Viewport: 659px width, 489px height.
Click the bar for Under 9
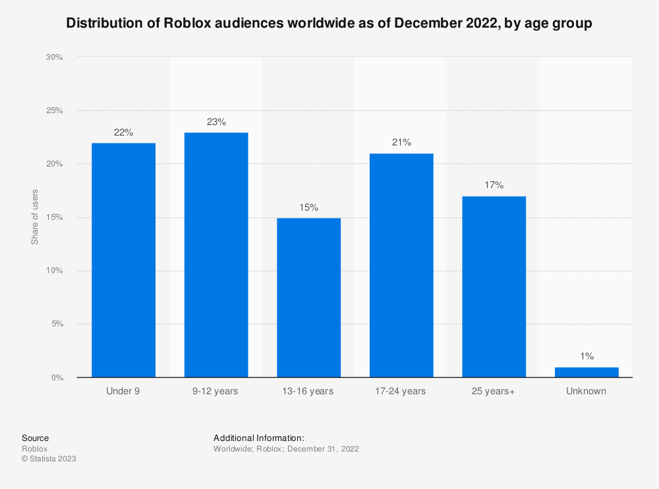click(123, 260)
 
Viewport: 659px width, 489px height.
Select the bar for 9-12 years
click(216, 255)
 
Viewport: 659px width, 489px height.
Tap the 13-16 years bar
click(308, 297)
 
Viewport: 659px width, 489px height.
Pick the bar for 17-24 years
click(401, 265)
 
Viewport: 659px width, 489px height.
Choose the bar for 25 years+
click(494, 286)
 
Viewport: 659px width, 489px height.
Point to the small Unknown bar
click(587, 373)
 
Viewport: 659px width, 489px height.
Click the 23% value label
click(216, 122)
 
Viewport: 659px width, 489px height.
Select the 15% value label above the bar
click(308, 207)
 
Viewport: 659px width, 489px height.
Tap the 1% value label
click(587, 356)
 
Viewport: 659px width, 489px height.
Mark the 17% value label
click(494, 186)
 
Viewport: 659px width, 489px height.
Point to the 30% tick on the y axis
click(54, 57)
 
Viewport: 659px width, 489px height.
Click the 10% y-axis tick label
click(54, 270)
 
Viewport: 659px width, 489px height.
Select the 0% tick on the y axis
click(57, 378)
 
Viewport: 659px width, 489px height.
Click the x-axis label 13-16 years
click(308, 391)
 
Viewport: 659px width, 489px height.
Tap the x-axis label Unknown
click(587, 391)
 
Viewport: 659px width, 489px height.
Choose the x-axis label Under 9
click(123, 391)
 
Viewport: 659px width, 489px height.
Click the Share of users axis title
click(34, 217)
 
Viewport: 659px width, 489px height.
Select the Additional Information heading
click(258, 438)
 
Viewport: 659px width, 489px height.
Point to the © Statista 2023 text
click(49, 459)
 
